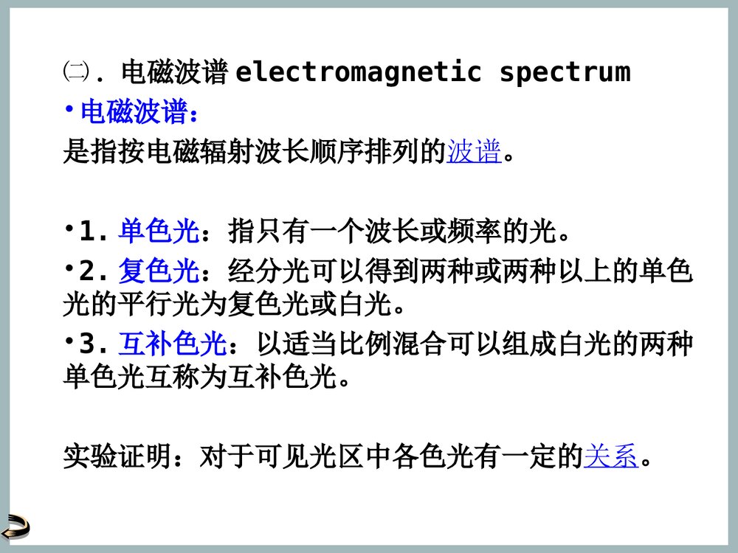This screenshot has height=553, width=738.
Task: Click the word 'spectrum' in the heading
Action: [x=565, y=72]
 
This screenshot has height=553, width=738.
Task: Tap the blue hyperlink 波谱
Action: [x=474, y=153]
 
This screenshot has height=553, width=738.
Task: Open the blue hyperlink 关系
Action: [x=610, y=457]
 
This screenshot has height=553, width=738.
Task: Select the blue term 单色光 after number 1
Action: [x=159, y=232]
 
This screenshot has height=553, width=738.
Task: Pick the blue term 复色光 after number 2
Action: [x=159, y=272]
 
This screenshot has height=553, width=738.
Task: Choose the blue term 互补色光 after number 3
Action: [x=172, y=344]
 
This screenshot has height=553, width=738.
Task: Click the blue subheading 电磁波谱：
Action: [x=139, y=113]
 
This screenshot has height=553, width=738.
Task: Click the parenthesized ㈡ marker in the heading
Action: [x=75, y=72]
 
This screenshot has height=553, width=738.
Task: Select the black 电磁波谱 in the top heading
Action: [x=173, y=72]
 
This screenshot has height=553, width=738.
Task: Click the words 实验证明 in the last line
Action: [x=117, y=457]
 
